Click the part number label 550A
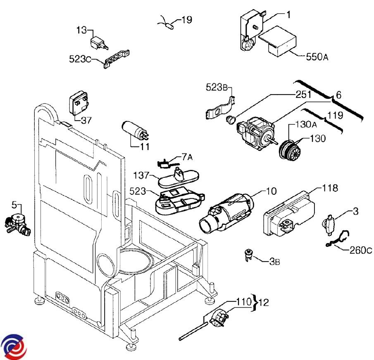317,57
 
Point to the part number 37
86,121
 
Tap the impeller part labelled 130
291,149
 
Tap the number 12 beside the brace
263,303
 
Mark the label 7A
187,157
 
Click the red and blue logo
14,345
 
